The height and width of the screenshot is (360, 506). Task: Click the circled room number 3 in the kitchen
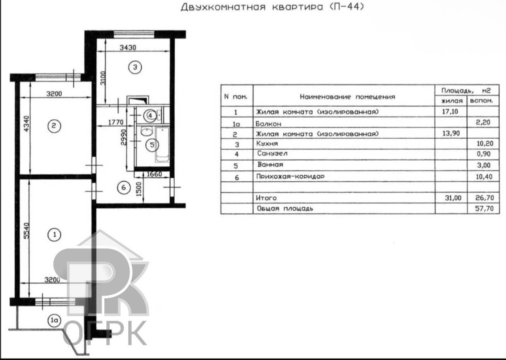[135, 68]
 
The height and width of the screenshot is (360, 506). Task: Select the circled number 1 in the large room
[53, 235]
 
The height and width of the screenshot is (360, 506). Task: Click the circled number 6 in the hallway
[124, 188]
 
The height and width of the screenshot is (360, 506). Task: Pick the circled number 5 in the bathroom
[151, 145]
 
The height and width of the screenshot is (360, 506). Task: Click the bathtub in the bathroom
[162, 144]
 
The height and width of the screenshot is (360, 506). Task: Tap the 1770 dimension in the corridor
[117, 122]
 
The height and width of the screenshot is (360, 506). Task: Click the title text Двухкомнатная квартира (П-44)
[272, 8]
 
